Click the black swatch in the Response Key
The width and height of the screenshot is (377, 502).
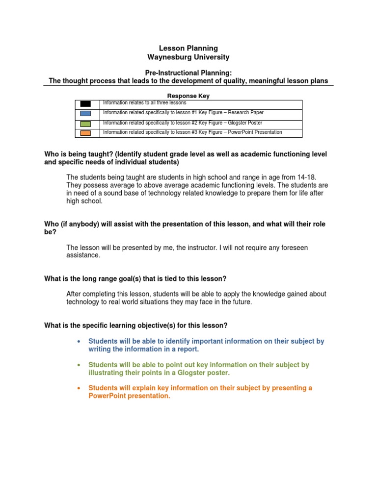pos(85,103)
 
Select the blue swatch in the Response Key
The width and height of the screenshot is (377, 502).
pos(85,113)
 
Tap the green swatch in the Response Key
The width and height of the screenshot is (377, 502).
pos(85,124)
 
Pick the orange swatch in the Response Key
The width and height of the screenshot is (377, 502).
pos(85,133)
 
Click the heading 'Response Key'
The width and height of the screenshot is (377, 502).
pos(188,96)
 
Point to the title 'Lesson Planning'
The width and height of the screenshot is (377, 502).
pos(188,48)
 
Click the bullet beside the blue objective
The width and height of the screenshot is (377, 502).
pos(79,341)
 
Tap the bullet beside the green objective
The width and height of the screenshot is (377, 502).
pos(79,365)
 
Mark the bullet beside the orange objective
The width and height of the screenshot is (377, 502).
pos(79,388)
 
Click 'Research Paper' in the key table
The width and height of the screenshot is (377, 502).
pos(245,113)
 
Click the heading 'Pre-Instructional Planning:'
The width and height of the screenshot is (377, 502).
pos(188,73)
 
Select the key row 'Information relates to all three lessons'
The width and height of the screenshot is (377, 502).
pos(144,103)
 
